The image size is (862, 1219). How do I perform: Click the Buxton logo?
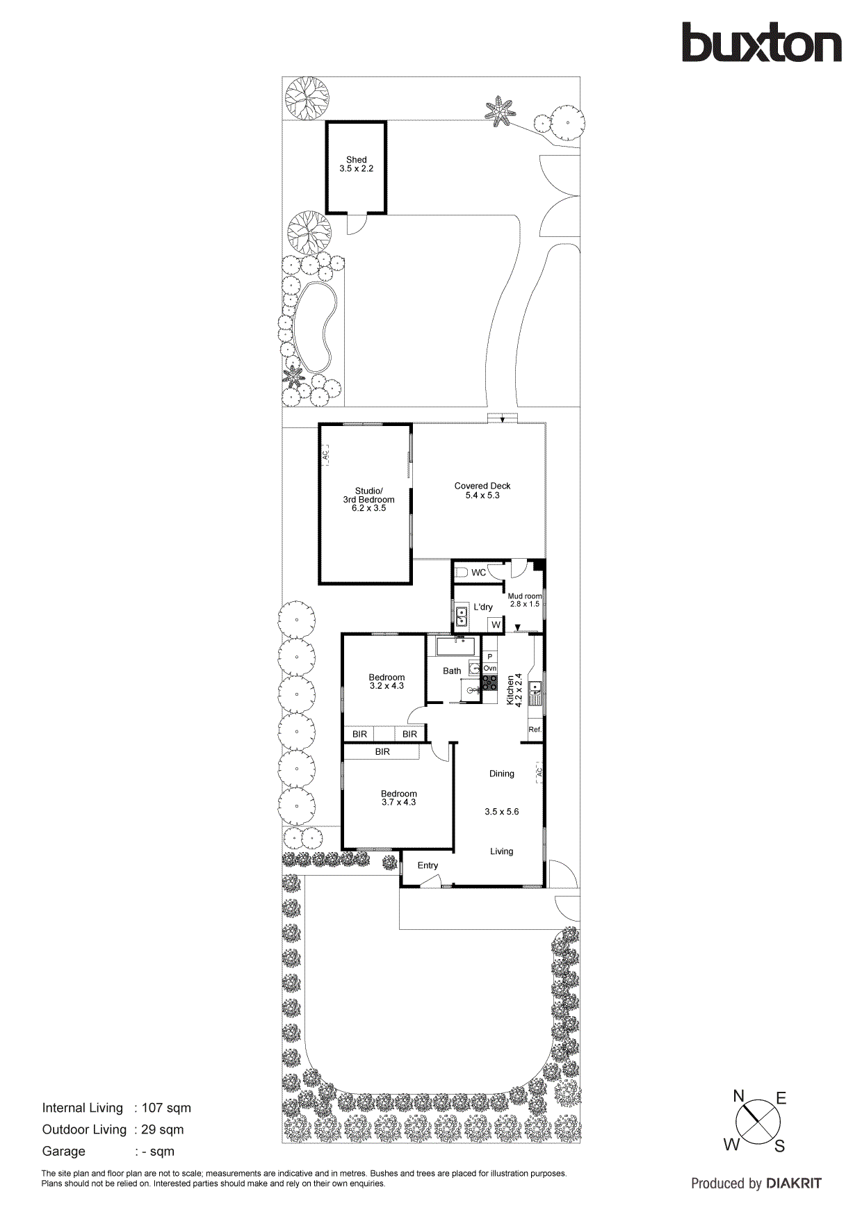[761, 42]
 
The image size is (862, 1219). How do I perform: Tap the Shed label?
[356, 160]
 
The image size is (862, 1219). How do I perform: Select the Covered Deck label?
[482, 486]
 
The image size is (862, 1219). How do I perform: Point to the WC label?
[478, 573]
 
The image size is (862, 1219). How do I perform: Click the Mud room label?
[524, 596]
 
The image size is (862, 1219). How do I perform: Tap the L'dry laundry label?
[483, 607]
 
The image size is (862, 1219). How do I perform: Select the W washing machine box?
[496, 625]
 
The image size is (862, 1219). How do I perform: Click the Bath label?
[452, 671]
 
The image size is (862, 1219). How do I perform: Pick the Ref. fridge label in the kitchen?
[535, 730]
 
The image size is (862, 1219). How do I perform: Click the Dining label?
[501, 774]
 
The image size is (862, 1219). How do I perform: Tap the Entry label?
[428, 865]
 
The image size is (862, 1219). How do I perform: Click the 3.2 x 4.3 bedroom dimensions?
[387, 686]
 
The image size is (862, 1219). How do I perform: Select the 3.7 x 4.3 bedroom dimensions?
[398, 802]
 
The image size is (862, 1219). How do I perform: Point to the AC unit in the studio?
[325, 455]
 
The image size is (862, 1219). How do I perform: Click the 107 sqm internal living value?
[166, 1108]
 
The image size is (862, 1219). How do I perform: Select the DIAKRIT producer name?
[794, 1183]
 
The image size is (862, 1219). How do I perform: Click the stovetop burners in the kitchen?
[489, 682]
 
